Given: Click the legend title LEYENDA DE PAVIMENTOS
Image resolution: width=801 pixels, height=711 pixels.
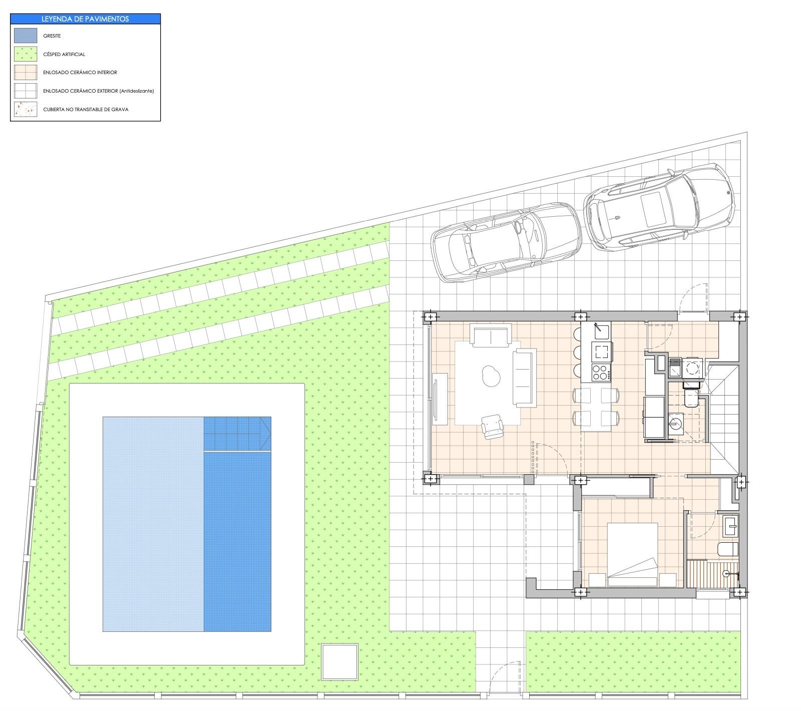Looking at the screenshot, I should [x=85, y=19].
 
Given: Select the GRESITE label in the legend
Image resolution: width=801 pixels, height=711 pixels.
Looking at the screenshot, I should [x=52, y=36].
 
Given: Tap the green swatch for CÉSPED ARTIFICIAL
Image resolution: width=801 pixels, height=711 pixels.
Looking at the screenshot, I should [x=25, y=54].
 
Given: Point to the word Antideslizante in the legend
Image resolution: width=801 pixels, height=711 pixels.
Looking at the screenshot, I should [x=136, y=91].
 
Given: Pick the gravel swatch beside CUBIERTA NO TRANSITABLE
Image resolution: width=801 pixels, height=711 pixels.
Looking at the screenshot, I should [x=25, y=109].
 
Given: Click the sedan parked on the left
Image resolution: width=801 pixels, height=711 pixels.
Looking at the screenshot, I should [x=506, y=242].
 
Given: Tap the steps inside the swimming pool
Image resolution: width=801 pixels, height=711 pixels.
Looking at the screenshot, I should [x=236, y=434].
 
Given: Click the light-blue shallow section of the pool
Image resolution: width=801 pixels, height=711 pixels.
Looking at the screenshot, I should [x=153, y=523].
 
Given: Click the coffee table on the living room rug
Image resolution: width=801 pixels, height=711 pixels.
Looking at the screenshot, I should [x=490, y=374].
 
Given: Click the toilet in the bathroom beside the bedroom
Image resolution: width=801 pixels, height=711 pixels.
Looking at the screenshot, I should [x=727, y=549].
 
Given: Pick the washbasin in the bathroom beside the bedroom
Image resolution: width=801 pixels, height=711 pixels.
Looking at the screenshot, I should [x=730, y=526].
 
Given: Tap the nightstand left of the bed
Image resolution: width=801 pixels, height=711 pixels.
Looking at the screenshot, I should [x=597, y=579].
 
